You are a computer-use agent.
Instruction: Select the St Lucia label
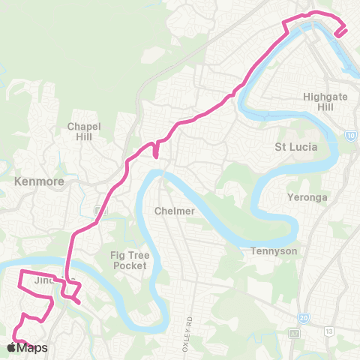tap(297, 147)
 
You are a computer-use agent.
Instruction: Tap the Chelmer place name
tap(174, 211)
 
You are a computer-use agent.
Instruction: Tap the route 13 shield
tap(329, 331)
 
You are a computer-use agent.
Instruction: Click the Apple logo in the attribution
tap(11, 348)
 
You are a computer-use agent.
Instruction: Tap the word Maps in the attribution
tap(33, 348)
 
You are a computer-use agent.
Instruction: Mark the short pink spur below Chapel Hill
tap(154, 152)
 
